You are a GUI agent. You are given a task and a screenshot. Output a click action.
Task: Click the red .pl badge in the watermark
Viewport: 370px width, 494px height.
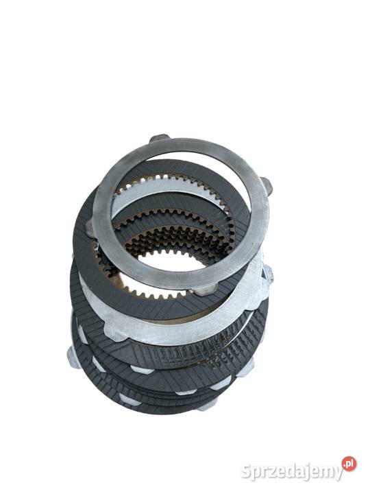click(x=349, y=464)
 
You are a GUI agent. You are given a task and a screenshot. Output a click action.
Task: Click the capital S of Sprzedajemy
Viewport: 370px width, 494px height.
click(x=247, y=471)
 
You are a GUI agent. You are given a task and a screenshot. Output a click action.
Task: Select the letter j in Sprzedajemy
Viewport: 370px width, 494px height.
click(x=304, y=473)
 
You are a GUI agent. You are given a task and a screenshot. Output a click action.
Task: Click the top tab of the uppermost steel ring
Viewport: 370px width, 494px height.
click(x=159, y=139)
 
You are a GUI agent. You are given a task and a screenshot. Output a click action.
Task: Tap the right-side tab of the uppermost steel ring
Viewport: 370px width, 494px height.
click(x=266, y=185)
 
